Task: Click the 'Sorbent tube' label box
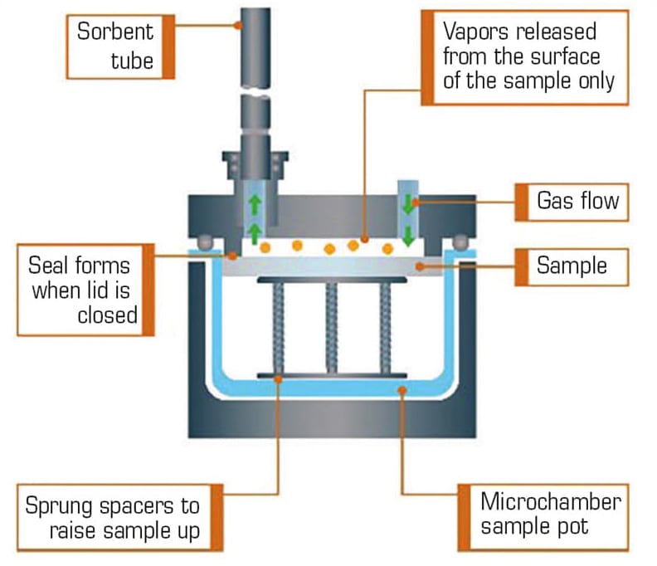click(x=120, y=47)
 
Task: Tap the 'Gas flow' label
click(x=572, y=202)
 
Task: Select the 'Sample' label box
click(x=572, y=267)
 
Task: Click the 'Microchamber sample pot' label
click(x=543, y=517)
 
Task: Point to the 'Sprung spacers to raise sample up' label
click(x=119, y=517)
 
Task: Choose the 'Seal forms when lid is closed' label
click(x=85, y=290)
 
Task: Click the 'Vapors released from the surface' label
click(x=525, y=57)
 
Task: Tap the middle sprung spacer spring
click(x=332, y=329)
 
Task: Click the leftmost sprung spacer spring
click(x=278, y=329)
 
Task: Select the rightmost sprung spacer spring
click(x=386, y=329)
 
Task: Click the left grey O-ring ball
click(x=206, y=243)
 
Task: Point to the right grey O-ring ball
click(x=460, y=243)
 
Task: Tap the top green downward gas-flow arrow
click(x=407, y=205)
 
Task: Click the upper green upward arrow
click(x=255, y=206)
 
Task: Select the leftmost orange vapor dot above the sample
click(x=265, y=247)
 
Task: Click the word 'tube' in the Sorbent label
click(x=132, y=61)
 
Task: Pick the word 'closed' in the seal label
click(x=108, y=315)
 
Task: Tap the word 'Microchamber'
click(x=551, y=502)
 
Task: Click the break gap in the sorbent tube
click(x=255, y=92)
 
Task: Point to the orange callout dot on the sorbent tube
click(x=238, y=26)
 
